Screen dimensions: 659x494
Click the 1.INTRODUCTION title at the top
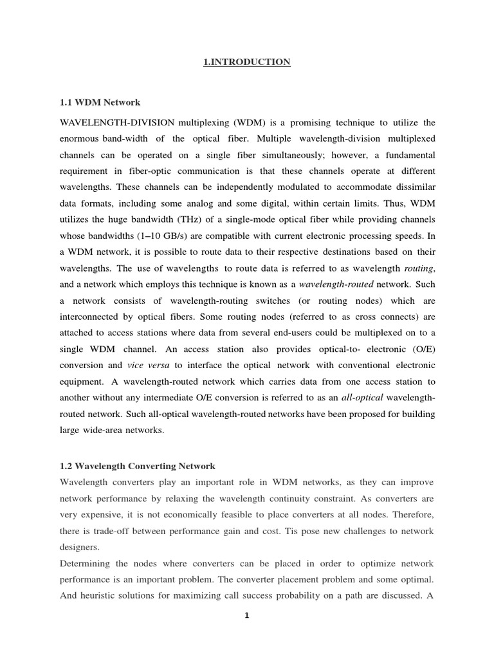click(248, 62)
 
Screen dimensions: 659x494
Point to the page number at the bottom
click(246, 615)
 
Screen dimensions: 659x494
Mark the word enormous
click(79, 139)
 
